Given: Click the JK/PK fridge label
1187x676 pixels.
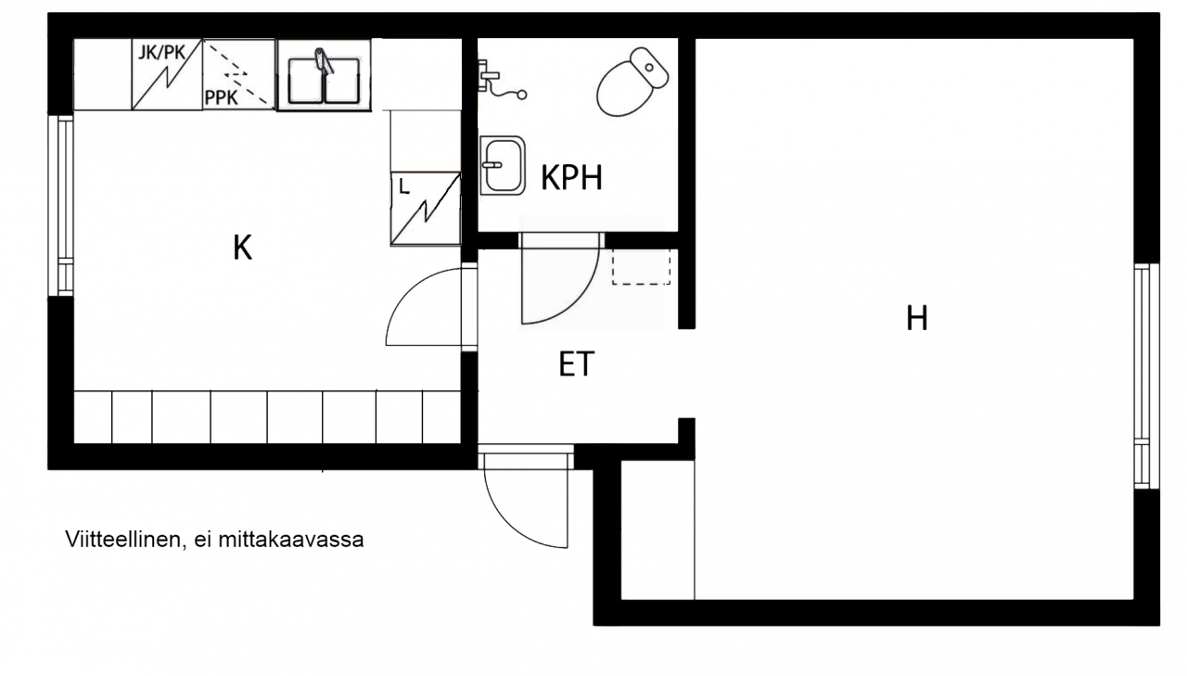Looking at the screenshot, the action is click(x=162, y=53).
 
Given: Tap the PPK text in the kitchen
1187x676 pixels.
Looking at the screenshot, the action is click(x=221, y=97).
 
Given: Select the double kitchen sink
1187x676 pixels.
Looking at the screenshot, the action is click(x=324, y=80).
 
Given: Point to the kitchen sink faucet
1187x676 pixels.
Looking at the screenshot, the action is click(x=324, y=61).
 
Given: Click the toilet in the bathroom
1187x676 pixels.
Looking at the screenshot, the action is click(x=632, y=82).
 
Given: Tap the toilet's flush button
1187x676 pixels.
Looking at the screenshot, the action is click(x=649, y=68).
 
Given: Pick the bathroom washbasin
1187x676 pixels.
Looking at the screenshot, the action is click(x=503, y=165).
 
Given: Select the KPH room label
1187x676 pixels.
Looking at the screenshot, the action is click(x=571, y=177).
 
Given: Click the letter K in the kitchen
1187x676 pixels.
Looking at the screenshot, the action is click(x=242, y=248).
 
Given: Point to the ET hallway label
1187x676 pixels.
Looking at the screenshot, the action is click(x=577, y=364).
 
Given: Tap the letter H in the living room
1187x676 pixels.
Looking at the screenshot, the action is click(x=917, y=318).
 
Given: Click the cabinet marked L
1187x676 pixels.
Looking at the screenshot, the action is click(x=426, y=209).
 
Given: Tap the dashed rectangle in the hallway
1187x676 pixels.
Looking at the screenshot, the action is click(x=641, y=267).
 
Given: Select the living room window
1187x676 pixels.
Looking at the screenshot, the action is click(x=1146, y=376).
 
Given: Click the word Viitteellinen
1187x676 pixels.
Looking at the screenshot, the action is click(x=123, y=540).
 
